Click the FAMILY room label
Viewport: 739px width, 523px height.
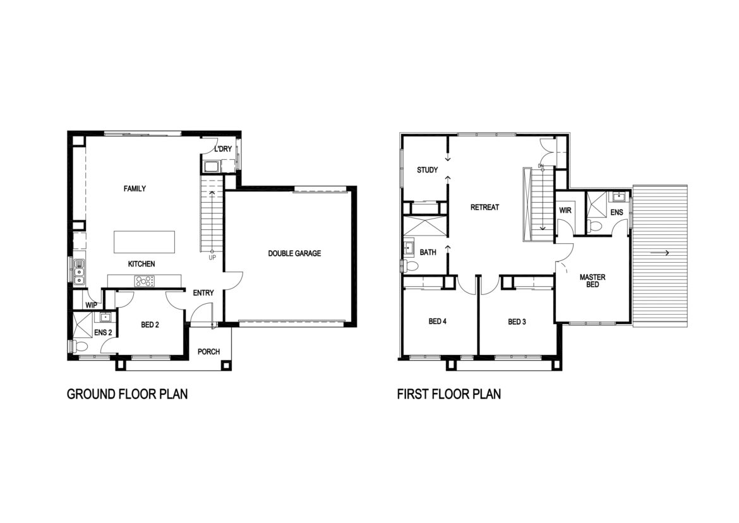point(135,188)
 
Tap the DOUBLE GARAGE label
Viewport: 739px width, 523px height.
point(294,253)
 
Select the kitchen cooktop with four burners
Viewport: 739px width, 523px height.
point(145,281)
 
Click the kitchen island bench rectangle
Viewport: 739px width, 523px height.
point(144,242)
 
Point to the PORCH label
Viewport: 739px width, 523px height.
point(209,351)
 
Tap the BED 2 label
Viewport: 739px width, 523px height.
point(150,325)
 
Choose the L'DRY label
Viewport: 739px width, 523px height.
point(224,149)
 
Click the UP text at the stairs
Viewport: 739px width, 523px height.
point(213,258)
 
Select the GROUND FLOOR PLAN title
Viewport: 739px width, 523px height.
point(127,394)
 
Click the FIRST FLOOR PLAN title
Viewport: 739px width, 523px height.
point(449,394)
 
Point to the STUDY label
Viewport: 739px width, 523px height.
point(428,170)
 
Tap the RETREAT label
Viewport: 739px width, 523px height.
point(484,207)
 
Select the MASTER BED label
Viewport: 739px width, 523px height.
point(592,281)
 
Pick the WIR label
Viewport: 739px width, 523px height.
point(565,210)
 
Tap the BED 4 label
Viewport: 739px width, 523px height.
point(437,322)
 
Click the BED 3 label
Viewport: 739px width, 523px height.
point(517,322)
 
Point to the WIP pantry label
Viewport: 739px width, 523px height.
point(91,305)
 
